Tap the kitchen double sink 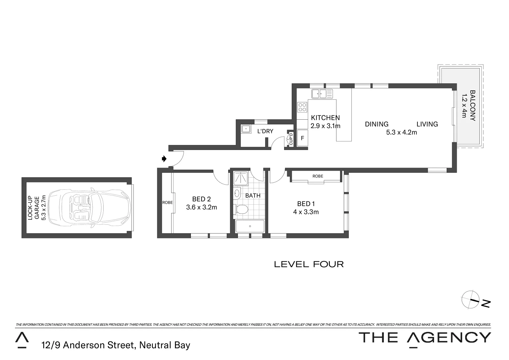pyautogui.click(x=322, y=94)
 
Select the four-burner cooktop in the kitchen pyautogui.click(x=302, y=107)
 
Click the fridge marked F pyautogui.click(x=302, y=138)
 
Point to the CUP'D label pyautogui.click(x=290, y=139)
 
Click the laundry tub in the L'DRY pyautogui.click(x=246, y=129)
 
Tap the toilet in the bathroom pyautogui.click(x=241, y=209)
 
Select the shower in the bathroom pyautogui.click(x=241, y=178)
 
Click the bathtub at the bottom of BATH pyautogui.click(x=250, y=226)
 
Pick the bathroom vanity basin pyautogui.click(x=237, y=193)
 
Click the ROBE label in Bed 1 pyautogui.click(x=318, y=176)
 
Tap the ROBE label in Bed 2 pyautogui.click(x=167, y=202)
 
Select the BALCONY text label pyautogui.click(x=472, y=105)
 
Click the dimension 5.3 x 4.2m pyautogui.click(x=401, y=132)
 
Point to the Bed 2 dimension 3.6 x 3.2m pyautogui.click(x=201, y=207)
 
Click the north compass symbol pyautogui.click(x=470, y=299)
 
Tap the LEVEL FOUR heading pyautogui.click(x=308, y=264)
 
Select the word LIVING pyautogui.click(x=427, y=124)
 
